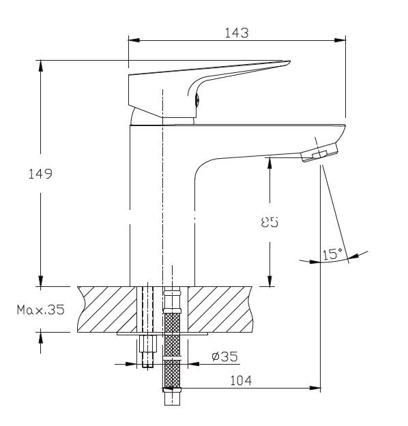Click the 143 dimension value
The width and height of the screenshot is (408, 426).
coord(236,33)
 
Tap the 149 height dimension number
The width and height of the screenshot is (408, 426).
coord(40,174)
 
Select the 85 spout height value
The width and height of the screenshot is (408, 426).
coord(269,222)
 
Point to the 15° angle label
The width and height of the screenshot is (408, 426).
coord(332,254)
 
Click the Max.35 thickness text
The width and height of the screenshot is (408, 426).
coord(41,309)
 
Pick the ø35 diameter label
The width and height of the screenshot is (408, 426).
coord(224,356)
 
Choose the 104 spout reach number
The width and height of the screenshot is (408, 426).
coord(241,380)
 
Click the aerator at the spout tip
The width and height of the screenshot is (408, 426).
coord(319,153)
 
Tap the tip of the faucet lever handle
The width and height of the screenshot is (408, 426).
coord(289,62)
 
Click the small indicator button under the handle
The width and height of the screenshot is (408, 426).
coord(198,99)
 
